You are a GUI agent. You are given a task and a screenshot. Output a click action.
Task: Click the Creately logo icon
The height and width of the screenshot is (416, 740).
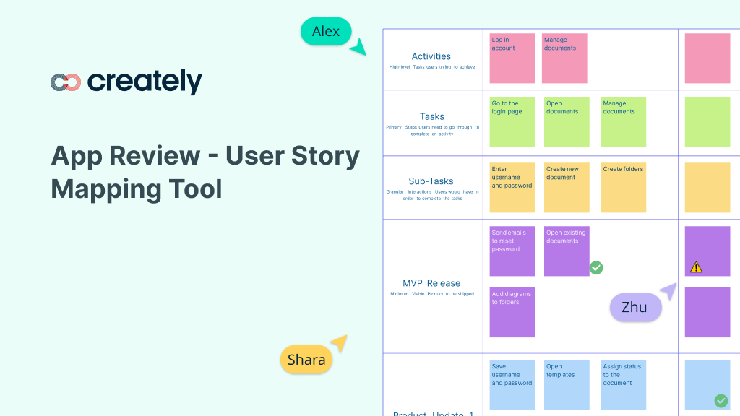click(66, 83)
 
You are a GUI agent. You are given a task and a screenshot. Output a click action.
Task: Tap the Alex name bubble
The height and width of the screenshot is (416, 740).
click(326, 32)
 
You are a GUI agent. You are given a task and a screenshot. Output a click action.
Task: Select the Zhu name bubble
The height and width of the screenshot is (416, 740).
click(635, 307)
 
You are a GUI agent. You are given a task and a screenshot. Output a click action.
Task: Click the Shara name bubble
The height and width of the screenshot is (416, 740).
click(306, 360)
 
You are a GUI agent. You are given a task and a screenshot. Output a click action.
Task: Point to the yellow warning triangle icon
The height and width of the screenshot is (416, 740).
click(696, 267)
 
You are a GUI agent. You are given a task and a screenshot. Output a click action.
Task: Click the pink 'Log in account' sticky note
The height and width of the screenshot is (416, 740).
click(512, 58)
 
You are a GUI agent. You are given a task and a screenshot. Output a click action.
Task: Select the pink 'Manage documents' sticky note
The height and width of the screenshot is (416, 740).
click(564, 58)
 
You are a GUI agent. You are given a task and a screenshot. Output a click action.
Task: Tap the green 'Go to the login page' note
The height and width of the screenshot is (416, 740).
click(512, 122)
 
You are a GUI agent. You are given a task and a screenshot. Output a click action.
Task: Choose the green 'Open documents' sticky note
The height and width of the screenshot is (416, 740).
click(567, 122)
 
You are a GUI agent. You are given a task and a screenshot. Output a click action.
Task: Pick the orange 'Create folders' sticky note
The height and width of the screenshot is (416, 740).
click(624, 187)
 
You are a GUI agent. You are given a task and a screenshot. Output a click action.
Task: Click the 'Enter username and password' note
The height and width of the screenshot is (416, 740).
click(512, 187)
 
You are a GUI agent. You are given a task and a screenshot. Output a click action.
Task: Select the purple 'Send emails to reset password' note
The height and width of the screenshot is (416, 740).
click(512, 251)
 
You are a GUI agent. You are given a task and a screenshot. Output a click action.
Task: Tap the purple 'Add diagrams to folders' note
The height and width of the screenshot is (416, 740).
click(512, 312)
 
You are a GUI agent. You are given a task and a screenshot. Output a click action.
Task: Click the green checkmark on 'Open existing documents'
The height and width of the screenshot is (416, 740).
click(596, 268)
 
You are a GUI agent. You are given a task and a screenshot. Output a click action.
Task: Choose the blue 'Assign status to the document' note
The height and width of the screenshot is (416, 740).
click(624, 385)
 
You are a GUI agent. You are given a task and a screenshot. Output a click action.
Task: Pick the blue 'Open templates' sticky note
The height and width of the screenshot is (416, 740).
click(567, 385)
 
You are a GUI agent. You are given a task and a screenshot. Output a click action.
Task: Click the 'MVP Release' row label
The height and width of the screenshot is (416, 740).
click(431, 283)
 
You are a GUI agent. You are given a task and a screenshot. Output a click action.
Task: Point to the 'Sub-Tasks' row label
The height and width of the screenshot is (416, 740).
click(431, 181)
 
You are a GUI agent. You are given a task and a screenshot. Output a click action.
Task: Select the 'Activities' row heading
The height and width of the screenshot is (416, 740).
click(431, 56)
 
